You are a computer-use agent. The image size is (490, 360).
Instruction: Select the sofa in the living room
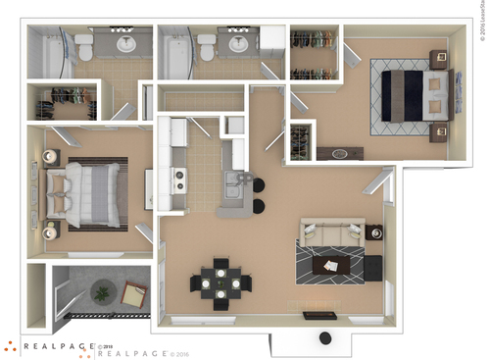[329, 233]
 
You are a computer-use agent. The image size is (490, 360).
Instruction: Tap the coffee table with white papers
[331, 265]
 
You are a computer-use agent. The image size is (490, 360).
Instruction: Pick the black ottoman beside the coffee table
[372, 266]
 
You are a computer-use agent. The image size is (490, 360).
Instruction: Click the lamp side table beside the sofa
[373, 233]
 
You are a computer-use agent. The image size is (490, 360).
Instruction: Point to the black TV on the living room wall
[316, 315]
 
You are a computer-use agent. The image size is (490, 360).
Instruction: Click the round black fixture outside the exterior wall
[323, 338]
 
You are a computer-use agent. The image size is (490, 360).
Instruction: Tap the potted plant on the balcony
[101, 290]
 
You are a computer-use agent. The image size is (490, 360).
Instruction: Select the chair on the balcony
[131, 293]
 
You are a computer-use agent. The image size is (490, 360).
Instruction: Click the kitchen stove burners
[179, 180]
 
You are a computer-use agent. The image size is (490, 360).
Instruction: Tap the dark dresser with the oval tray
[339, 153]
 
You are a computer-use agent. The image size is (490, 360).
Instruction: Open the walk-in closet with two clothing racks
[313, 57]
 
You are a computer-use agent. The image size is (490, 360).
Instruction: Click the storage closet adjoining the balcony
[37, 294]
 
